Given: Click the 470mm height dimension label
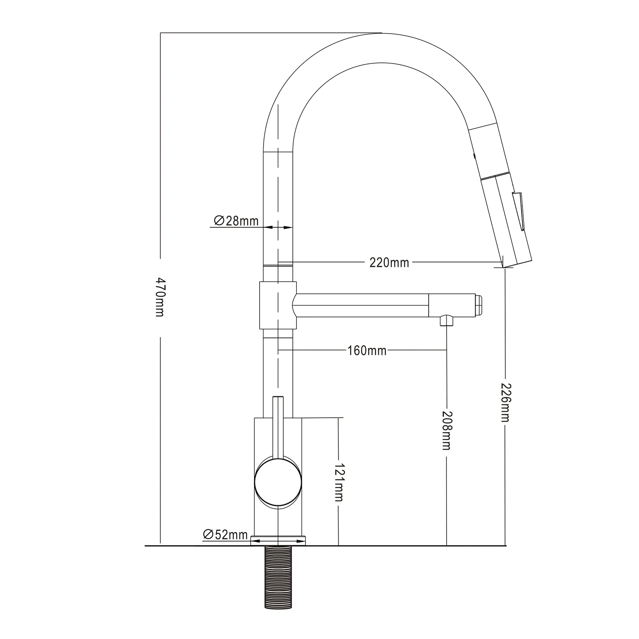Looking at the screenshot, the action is point(160,297).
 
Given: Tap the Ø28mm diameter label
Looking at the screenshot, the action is point(236,220).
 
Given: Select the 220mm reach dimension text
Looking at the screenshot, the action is point(389,262).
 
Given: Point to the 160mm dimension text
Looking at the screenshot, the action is point(367,351).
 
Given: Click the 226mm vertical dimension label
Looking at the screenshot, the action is point(505,403).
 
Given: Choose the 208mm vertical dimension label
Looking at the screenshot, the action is point(446,431).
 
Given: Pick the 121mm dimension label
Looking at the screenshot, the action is point(339,483).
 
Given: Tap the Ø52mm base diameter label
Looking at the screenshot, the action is point(225,534).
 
